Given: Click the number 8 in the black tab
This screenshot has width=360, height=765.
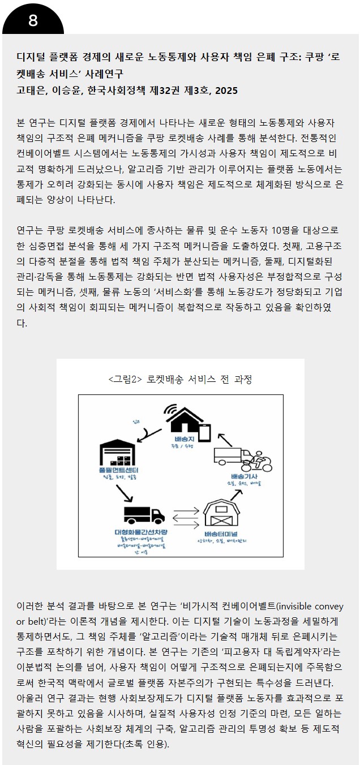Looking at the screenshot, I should point(33,21).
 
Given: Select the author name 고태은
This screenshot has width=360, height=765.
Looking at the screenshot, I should point(31,91).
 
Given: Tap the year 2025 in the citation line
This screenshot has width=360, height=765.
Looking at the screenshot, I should point(226,91).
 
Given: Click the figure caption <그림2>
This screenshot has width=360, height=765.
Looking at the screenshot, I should point(125,379).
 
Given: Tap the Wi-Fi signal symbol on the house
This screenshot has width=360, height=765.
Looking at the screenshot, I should point(170,409).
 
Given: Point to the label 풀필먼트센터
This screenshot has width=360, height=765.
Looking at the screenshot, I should point(118,470).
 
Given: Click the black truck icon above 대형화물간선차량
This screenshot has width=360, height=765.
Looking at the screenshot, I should point(143,514).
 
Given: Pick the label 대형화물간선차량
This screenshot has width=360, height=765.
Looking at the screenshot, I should point(145,532).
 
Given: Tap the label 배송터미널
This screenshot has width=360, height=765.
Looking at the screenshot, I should point(221,533).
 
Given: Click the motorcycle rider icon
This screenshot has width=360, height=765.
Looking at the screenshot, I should point(261,461).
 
